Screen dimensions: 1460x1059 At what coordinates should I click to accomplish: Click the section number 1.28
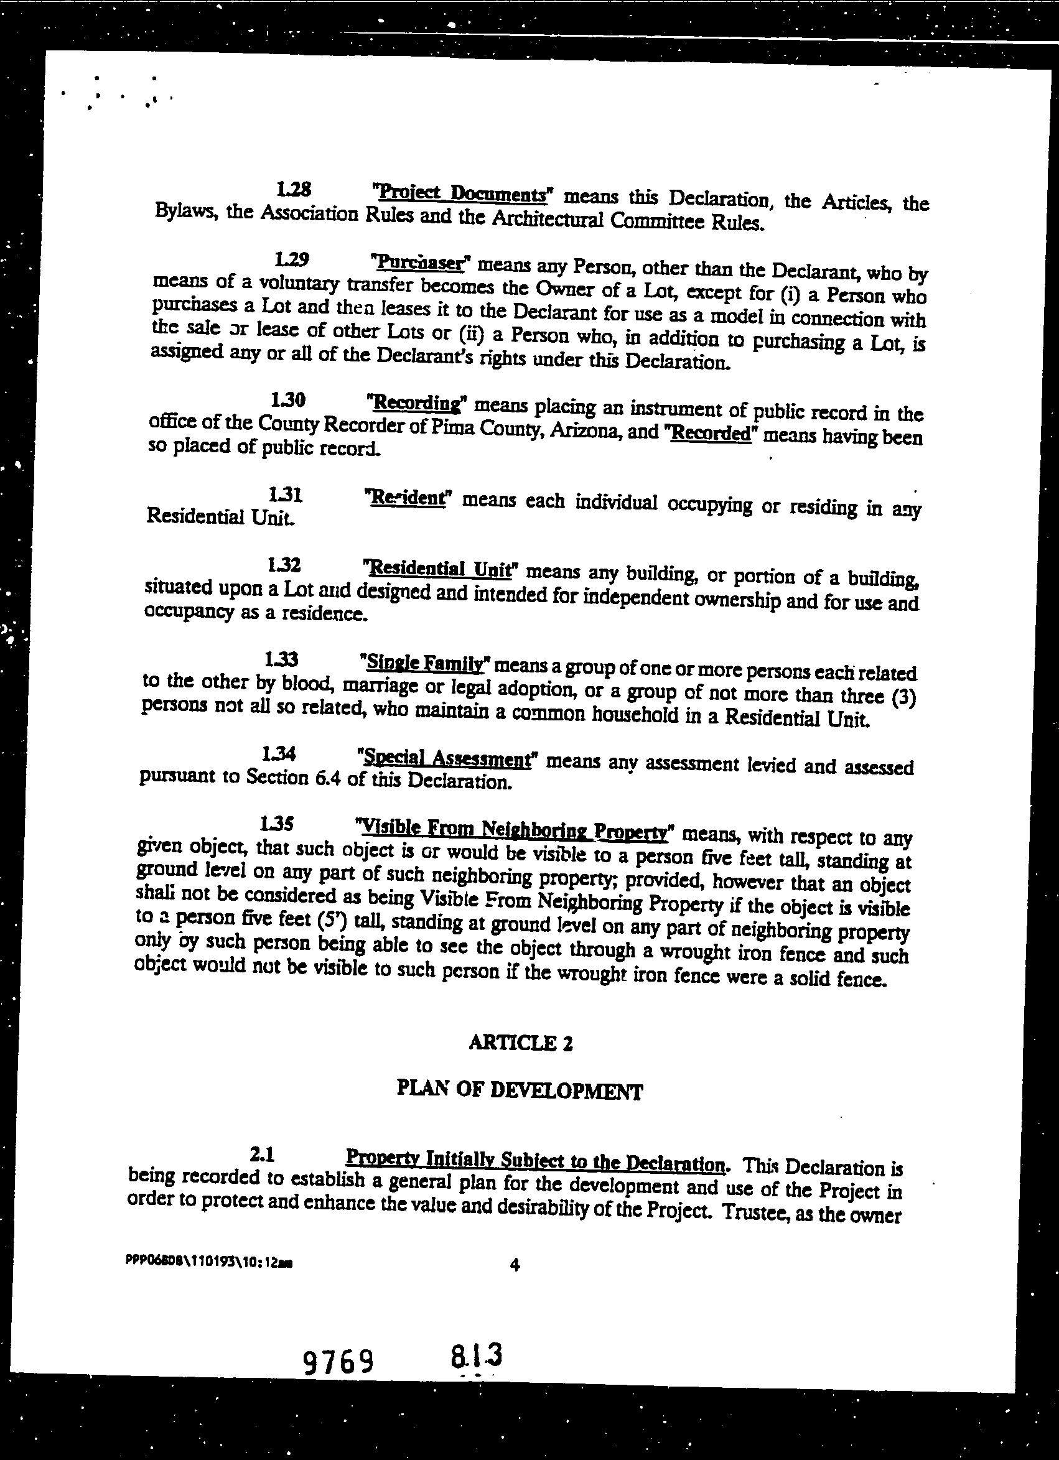(x=294, y=188)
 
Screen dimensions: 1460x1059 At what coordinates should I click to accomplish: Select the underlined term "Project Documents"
(x=461, y=192)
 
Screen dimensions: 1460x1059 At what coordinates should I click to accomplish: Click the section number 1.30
(x=287, y=400)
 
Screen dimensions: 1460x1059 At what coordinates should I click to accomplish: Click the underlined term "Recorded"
(x=711, y=432)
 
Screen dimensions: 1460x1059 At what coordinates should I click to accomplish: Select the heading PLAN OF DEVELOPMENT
(x=519, y=1090)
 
